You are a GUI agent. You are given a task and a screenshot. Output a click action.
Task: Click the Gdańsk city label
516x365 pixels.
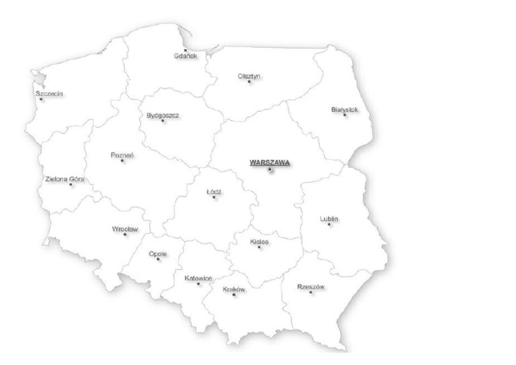(x=185, y=56)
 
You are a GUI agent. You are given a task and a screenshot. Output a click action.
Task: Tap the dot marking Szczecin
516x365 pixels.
(x=41, y=99)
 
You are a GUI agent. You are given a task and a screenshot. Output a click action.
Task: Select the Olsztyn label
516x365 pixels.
(x=249, y=76)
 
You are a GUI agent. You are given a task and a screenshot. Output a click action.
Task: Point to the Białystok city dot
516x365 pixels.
(x=345, y=115)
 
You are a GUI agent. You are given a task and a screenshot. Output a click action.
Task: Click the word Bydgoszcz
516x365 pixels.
(x=163, y=115)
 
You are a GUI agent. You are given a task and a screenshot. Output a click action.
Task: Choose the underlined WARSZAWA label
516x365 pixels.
(x=269, y=162)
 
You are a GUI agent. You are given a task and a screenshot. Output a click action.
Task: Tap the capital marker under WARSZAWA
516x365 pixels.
(x=270, y=170)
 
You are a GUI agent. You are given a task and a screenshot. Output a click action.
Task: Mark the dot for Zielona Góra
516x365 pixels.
(x=71, y=184)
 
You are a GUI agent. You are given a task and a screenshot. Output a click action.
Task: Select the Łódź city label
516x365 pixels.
(x=214, y=192)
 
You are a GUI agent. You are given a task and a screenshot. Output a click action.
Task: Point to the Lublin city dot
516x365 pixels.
(x=329, y=225)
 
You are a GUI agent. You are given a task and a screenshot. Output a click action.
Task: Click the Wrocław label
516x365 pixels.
(x=125, y=229)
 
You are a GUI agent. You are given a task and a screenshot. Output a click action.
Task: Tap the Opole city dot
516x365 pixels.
(x=159, y=259)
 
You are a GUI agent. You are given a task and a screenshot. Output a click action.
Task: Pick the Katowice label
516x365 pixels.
(x=198, y=278)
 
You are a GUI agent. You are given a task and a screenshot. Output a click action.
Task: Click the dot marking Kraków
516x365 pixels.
(x=234, y=295)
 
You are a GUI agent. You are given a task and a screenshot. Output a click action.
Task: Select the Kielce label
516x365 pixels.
(x=259, y=241)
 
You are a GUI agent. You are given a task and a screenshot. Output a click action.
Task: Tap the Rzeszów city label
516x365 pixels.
(x=310, y=287)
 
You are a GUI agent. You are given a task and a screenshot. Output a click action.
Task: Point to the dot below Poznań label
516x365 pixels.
(x=122, y=161)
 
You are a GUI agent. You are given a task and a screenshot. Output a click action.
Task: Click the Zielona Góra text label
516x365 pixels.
(x=64, y=179)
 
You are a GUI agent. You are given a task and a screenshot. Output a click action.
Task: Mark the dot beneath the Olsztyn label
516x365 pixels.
(x=249, y=82)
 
